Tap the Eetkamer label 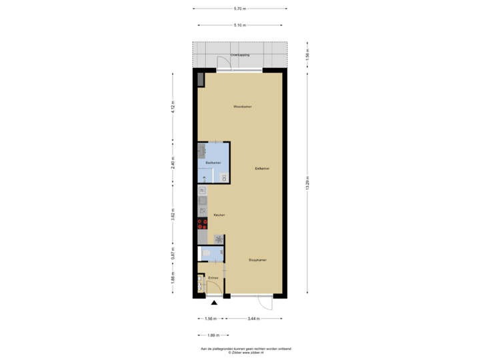[262, 169]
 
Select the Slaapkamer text [257, 260]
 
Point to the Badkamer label [213, 163]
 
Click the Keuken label [219, 215]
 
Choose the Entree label [213, 277]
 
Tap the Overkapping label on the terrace [240, 55]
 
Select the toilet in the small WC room [219, 253]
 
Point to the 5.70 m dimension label [239, 9]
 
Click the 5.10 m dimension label [239, 25]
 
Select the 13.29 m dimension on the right [307, 183]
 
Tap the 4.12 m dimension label [173, 107]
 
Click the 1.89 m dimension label [212, 335]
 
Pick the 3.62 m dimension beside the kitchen [173, 215]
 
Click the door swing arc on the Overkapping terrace [223, 64]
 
